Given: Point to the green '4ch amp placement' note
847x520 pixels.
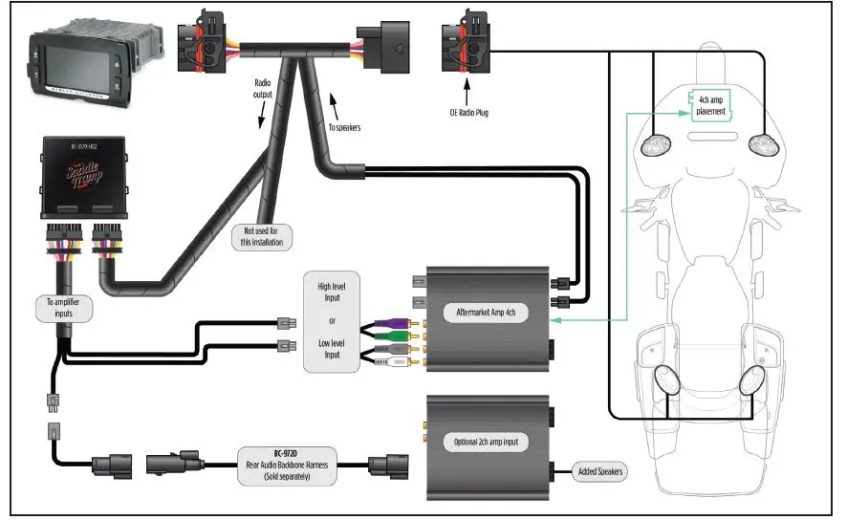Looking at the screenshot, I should coord(710,105).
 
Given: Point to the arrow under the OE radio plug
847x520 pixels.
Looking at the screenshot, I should coord(467,94).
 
